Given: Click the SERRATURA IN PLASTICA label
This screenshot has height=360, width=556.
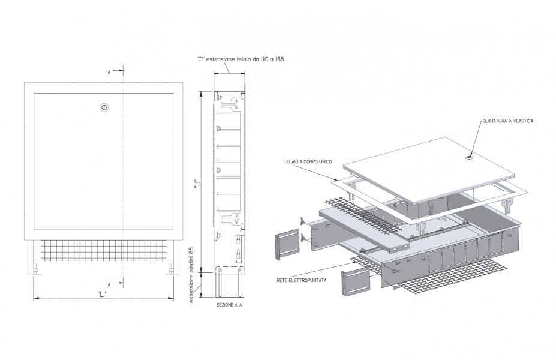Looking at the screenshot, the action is coord(507,121).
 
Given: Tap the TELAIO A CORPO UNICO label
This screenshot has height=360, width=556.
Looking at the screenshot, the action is coord(308,162).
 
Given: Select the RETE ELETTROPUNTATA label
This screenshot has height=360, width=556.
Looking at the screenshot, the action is coord(302,280).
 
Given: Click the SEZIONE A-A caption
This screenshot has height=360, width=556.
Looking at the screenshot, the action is coord(230,305).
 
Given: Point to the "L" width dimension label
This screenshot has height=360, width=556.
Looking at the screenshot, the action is coord(102,294).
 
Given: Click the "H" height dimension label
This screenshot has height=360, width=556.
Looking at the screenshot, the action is coord(197,184).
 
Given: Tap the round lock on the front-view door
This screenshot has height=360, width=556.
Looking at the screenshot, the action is coord(104,107).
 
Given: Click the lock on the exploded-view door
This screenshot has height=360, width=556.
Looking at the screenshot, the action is coord(470,157).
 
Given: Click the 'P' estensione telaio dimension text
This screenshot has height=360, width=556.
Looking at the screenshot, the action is coord(241,59).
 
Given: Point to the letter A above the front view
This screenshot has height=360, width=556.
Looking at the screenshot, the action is coord(109,73).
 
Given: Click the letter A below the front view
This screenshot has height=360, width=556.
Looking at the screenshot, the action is coord(109,284).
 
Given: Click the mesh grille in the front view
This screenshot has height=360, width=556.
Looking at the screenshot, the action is coord(104,251).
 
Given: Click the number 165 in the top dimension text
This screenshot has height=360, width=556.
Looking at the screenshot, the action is coord(279,59).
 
